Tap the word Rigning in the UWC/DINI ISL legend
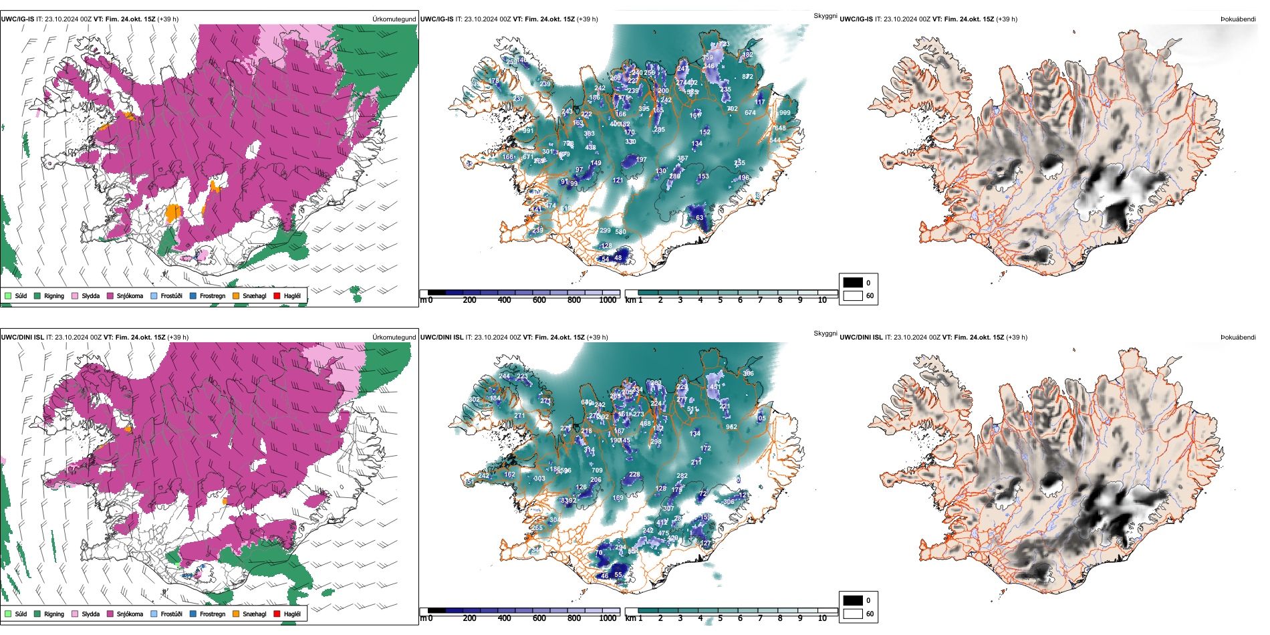[x=54, y=614]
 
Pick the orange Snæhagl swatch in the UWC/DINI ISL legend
[x=236, y=614]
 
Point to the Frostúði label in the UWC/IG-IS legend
[x=171, y=295]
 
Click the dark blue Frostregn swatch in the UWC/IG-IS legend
[x=193, y=295]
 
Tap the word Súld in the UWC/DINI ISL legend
[x=21, y=614]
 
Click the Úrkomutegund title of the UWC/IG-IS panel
[x=394, y=19]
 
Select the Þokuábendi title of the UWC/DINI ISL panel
[x=1238, y=338]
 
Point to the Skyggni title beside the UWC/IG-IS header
[x=825, y=16]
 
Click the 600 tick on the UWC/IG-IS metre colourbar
[x=539, y=300]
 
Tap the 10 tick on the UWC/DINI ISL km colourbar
[x=821, y=618]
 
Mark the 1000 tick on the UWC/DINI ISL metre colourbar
[x=608, y=618]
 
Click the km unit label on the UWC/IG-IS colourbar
[x=630, y=300]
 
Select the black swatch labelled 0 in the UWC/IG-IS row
[x=853, y=283]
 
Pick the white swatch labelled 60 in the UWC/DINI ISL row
[x=853, y=614]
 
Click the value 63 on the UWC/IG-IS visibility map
[x=699, y=218]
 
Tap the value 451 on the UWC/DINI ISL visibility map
[x=715, y=387]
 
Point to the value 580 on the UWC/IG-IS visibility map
[x=620, y=233]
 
